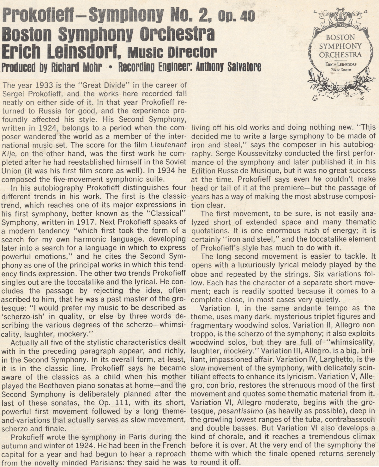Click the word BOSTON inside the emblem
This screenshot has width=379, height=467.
click(340, 37)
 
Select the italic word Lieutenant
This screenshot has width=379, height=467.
click(169, 145)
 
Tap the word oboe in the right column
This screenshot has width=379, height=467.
click(199, 274)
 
